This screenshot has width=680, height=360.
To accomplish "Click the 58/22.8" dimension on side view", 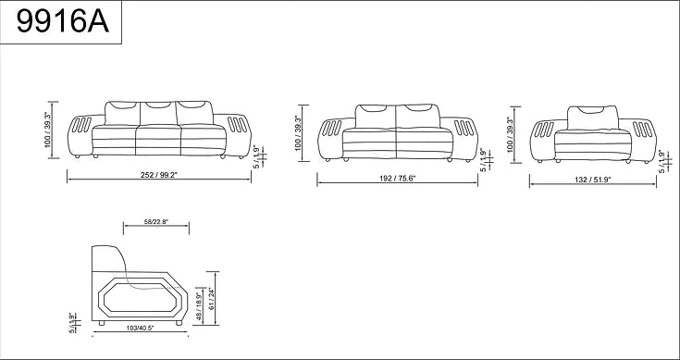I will pyautogui.click(x=155, y=221).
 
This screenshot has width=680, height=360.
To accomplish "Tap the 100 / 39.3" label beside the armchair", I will pyautogui.click(x=510, y=133).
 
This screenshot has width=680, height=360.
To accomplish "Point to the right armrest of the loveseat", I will pyautogui.click(x=468, y=136).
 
